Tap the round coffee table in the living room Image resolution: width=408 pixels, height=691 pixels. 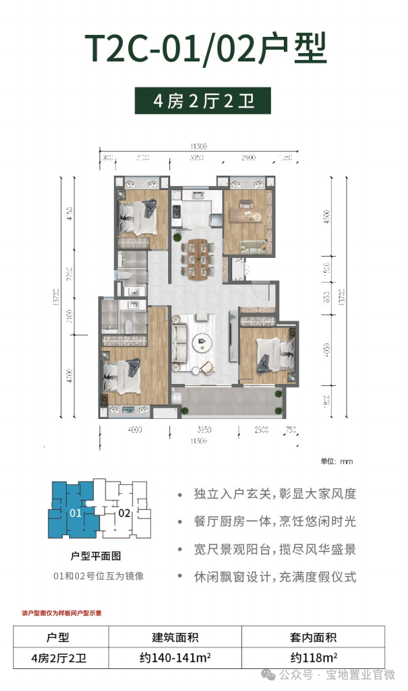(204, 343)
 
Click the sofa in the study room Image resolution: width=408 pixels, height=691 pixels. (252, 246)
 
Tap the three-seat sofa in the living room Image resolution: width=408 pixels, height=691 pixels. (178, 344)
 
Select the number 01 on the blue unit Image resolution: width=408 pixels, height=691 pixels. (74, 514)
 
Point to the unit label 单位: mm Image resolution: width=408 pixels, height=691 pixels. (336, 462)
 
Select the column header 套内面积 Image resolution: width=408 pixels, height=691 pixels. (313, 637)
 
